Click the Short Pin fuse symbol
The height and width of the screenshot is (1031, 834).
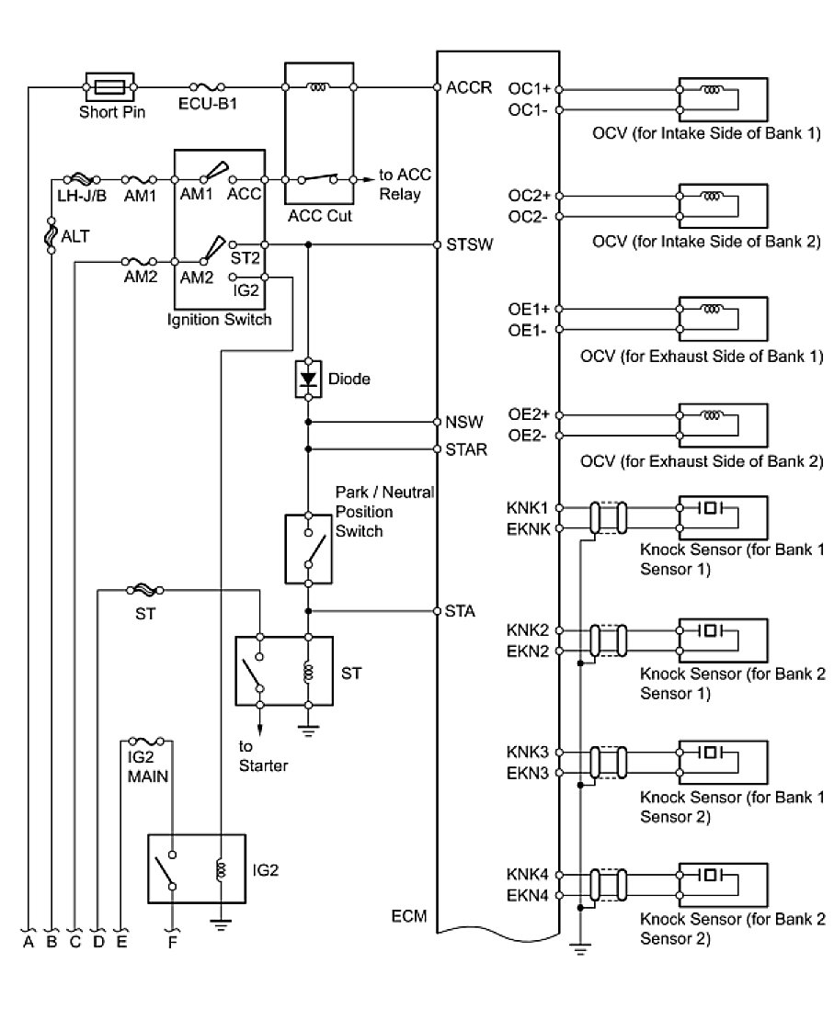click(x=109, y=86)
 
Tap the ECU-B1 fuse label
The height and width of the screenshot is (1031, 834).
click(x=208, y=104)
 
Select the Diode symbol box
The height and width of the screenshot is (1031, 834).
click(x=308, y=379)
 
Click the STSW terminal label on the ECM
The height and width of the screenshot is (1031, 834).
click(x=469, y=244)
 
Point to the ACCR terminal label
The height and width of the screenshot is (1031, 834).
click(x=468, y=87)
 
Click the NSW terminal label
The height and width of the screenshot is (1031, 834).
click(x=463, y=422)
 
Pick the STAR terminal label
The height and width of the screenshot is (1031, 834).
click(x=466, y=449)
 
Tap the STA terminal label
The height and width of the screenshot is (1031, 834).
click(x=460, y=611)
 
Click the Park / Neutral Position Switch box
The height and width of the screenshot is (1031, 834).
click(x=308, y=549)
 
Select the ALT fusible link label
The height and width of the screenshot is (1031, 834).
click(x=75, y=236)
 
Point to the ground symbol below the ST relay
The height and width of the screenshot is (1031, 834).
click(x=308, y=730)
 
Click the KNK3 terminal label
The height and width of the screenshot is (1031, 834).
click(x=528, y=752)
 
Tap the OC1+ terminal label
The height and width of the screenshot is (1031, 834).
click(x=529, y=89)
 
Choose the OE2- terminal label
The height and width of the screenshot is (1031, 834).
click(x=528, y=436)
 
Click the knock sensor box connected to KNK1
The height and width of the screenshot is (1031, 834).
click(x=722, y=517)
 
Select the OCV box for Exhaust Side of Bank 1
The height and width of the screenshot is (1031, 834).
click(x=722, y=319)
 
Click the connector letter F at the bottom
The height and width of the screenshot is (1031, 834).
click(x=172, y=942)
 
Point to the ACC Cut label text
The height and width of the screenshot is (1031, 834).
click(x=320, y=216)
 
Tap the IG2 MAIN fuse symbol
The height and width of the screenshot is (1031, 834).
click(x=147, y=742)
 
